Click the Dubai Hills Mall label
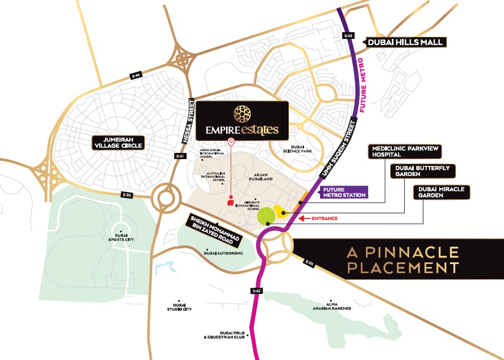pos(405,42)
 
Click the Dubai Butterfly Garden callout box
pos(423,170)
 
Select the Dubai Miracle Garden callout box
pos(442,192)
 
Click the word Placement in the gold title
pos(403,267)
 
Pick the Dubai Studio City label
pos(179,307)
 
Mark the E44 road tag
pos(135,75)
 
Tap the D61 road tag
pos(180,156)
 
